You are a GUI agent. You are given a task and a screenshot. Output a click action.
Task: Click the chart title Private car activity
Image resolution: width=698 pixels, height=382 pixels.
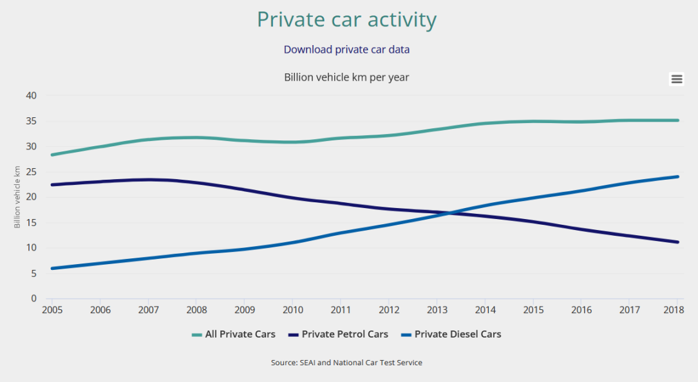click(346, 19)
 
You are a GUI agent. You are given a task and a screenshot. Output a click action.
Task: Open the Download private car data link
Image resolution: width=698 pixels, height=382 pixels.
click(346, 50)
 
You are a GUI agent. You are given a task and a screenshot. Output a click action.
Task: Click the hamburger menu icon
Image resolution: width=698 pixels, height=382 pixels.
click(676, 79)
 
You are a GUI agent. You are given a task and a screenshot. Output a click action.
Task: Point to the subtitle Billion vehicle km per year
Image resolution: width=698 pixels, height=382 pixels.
click(346, 77)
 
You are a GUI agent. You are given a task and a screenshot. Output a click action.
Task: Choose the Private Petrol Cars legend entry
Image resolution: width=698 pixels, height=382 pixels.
click(339, 334)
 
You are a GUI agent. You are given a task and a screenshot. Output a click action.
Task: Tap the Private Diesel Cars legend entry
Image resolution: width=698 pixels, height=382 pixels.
click(451, 334)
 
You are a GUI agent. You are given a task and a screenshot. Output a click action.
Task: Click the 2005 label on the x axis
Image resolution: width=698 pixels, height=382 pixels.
click(52, 310)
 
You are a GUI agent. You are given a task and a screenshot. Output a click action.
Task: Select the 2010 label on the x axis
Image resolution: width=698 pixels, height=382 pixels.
click(292, 310)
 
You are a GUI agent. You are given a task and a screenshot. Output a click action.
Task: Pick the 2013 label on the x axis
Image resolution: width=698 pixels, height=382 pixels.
click(437, 310)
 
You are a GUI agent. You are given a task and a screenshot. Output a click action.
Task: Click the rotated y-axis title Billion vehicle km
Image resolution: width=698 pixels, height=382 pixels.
click(18, 196)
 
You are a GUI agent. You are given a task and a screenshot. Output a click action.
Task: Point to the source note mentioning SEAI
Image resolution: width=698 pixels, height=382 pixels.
click(346, 363)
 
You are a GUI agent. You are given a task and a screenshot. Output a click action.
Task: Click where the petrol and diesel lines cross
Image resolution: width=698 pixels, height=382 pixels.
click(447, 213)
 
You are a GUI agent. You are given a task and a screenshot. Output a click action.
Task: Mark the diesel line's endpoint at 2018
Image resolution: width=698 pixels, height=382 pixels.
click(677, 177)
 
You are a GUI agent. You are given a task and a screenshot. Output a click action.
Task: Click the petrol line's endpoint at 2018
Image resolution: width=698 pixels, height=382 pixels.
click(677, 242)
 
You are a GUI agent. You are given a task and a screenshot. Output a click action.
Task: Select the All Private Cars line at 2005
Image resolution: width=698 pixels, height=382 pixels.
click(52, 155)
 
